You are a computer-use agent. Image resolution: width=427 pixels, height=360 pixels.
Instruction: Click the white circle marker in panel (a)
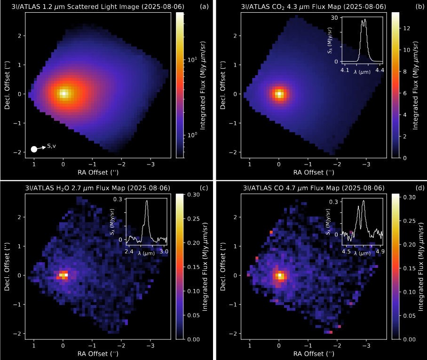[34, 149]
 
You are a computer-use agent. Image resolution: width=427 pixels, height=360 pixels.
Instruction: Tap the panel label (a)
[204, 7]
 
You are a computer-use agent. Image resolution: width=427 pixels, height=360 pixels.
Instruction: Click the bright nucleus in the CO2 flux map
[279, 94]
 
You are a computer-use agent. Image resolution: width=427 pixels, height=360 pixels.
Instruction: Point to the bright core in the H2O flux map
[64, 275]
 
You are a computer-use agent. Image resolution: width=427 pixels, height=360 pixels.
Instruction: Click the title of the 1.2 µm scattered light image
[98, 7]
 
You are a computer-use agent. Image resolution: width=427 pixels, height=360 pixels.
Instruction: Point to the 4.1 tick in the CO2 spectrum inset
[344, 70]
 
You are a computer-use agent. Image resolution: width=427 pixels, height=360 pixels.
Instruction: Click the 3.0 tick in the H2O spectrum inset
[164, 252]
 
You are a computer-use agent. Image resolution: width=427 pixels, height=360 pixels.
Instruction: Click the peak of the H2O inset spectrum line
[147, 201]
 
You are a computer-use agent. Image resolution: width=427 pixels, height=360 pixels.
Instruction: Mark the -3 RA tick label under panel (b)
[365, 165]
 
